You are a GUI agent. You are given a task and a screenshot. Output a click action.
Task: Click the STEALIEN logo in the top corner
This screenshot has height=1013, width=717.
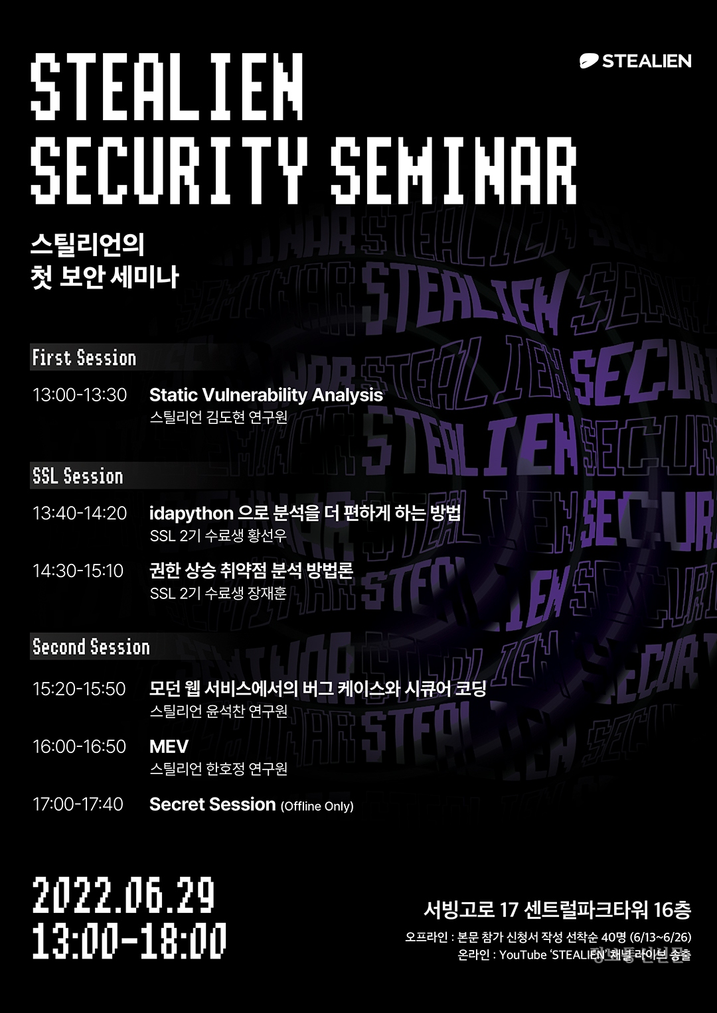click(x=635, y=61)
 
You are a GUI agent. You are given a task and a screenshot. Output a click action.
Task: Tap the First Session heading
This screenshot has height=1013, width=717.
click(x=84, y=358)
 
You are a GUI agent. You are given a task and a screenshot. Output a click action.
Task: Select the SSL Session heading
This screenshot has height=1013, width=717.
click(x=78, y=476)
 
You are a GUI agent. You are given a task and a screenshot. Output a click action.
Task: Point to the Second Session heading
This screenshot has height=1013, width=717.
click(x=91, y=647)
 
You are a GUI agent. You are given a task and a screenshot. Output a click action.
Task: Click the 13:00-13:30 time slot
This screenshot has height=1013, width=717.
click(x=80, y=395)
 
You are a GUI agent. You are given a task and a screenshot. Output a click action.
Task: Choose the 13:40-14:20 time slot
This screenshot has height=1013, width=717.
click(x=80, y=513)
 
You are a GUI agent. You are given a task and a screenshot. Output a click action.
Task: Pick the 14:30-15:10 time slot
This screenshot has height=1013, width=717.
click(x=78, y=571)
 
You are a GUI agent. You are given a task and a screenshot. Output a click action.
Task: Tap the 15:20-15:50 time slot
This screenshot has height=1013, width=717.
click(x=79, y=689)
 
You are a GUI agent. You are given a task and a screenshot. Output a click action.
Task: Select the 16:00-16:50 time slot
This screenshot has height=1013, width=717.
click(x=79, y=746)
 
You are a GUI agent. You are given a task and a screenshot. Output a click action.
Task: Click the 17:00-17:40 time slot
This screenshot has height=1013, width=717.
click(x=78, y=804)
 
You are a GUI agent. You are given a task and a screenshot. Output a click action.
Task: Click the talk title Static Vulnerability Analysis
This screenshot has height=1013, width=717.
click(x=266, y=395)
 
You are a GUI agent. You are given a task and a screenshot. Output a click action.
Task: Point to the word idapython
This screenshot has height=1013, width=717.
click(x=191, y=513)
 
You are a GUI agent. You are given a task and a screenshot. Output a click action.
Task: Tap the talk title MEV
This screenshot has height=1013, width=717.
click(x=169, y=746)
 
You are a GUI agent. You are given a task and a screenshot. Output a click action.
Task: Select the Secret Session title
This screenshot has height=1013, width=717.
click(x=212, y=804)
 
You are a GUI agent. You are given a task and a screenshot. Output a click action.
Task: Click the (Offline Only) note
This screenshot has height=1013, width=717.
click(x=317, y=806)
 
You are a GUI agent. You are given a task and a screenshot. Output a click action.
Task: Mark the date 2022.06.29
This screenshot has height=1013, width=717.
click(x=123, y=895)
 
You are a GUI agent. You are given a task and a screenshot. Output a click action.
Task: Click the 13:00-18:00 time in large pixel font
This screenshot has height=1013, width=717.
click(x=129, y=941)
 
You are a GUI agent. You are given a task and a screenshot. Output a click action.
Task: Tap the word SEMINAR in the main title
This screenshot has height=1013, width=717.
click(x=453, y=170)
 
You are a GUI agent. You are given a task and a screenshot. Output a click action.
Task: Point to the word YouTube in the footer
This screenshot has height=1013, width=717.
click(x=522, y=955)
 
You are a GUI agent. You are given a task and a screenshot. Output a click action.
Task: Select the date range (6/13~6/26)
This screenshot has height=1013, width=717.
click(x=660, y=937)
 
